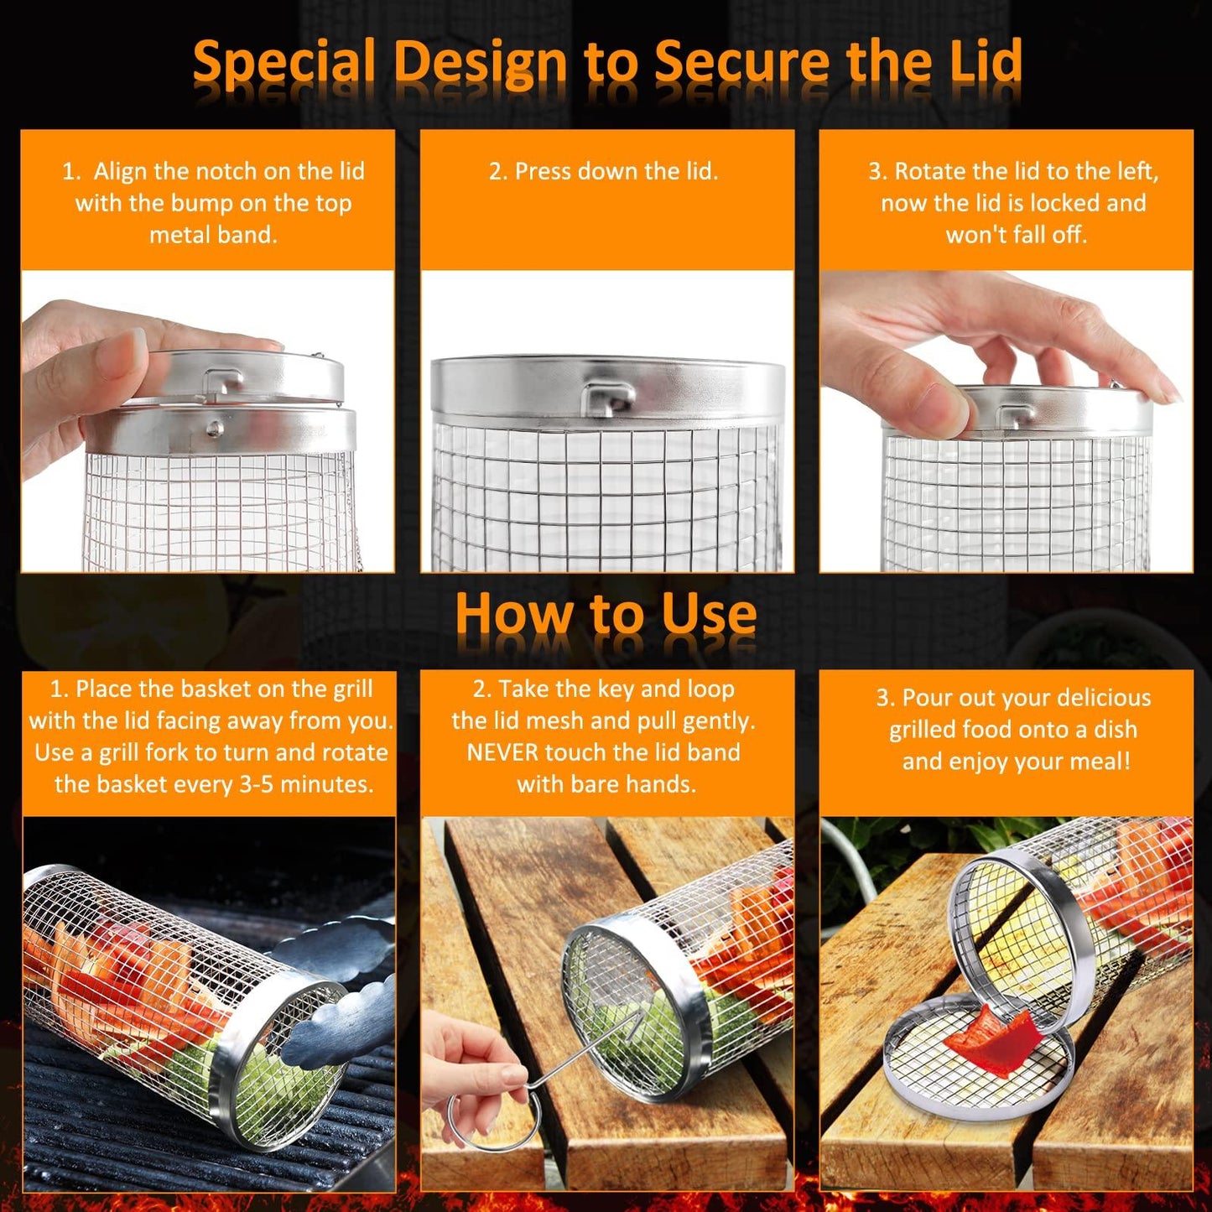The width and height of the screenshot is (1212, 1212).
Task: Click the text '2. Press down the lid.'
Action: point(603,171)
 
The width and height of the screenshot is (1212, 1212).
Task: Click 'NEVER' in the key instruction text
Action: point(502,752)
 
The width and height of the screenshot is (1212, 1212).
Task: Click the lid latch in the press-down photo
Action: point(610,398)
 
